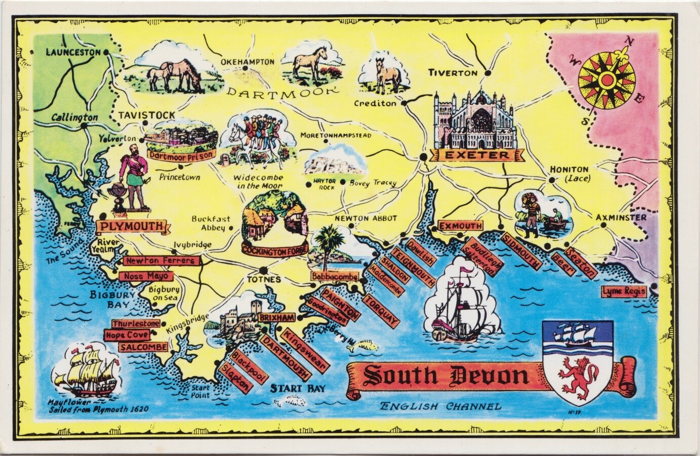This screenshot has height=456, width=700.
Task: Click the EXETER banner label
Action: tap(475, 156)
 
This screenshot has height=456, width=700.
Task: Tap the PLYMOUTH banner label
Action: tap(131, 226)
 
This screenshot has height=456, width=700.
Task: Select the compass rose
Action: tap(606, 81)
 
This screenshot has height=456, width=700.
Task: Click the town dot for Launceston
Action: tap(106, 52)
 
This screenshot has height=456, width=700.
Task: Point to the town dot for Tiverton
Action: tap(488, 73)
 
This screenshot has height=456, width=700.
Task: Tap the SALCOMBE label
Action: tap(143, 347)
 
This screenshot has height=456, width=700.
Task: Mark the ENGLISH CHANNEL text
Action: tap(440, 406)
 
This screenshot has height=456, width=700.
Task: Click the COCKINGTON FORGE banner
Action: tap(275, 250)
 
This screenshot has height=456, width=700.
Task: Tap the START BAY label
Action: tap(297, 389)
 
